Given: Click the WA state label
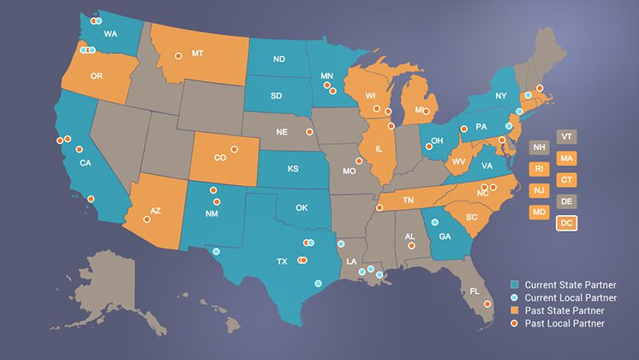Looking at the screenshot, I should click(x=110, y=34).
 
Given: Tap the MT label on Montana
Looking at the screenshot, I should click(x=198, y=53).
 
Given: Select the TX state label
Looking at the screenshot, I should click(x=282, y=261).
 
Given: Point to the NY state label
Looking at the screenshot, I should click(x=501, y=95).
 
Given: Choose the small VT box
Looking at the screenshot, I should click(x=565, y=136).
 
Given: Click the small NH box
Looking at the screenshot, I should click(x=539, y=147).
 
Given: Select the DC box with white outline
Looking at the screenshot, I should click(x=565, y=223).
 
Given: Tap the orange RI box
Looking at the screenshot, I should click(x=539, y=169).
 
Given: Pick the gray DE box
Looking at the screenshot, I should click(x=565, y=201).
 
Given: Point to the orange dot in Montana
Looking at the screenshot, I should click(x=179, y=57).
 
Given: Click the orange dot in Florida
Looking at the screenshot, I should click(x=487, y=303).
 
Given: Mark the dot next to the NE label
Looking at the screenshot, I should click(x=309, y=132).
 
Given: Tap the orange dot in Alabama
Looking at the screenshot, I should click(x=411, y=246).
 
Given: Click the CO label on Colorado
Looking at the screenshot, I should click(x=220, y=158).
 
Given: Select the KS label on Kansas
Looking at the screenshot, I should click(x=293, y=168).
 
